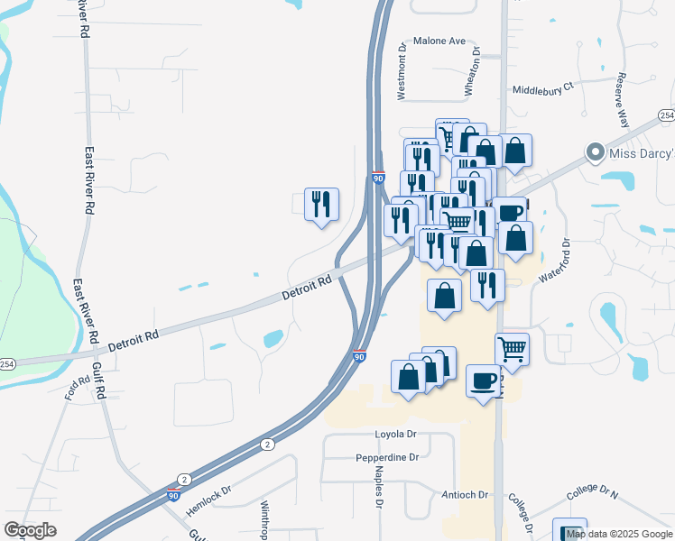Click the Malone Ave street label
coord(439,41)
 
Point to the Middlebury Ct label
coord(542,89)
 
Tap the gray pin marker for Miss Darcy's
coord(594,151)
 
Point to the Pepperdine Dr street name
coord(389,457)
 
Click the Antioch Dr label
coord(465,495)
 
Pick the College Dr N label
coord(592,494)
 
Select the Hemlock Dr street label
coord(209,502)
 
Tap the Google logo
coord(30,530)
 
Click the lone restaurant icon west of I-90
coord(321,204)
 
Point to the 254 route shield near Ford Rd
coord(6,363)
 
